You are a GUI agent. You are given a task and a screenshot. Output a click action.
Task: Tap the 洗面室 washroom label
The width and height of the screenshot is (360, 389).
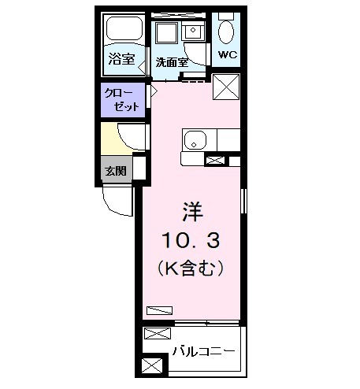[x=170, y=61]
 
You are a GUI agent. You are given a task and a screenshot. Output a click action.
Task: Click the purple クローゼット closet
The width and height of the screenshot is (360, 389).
[x=123, y=100]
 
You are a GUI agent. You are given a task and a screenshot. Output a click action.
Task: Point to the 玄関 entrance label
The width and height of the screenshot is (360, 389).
[x=114, y=169]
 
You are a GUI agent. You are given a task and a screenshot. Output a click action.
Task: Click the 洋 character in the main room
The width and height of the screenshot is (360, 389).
[x=192, y=211]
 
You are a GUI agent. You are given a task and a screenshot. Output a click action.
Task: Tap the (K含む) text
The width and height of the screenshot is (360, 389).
[x=193, y=268]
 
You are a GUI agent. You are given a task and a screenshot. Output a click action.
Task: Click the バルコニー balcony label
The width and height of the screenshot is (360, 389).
[x=202, y=350]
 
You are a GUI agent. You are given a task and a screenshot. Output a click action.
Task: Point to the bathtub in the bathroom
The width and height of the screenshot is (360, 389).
[x=124, y=32]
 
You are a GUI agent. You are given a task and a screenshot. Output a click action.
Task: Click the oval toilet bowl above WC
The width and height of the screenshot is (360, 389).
[x=227, y=32]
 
